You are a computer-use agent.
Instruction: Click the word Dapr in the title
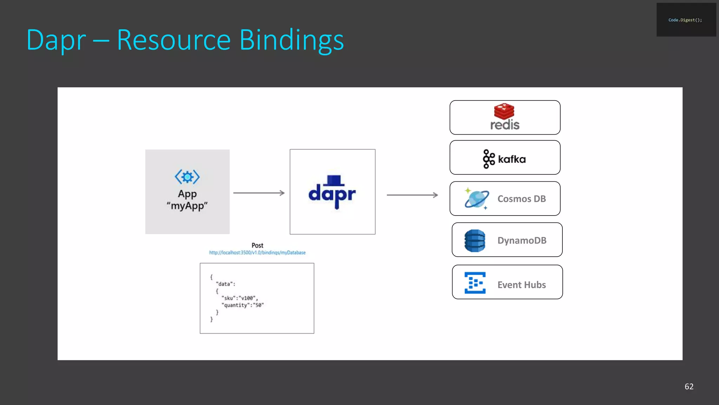(56, 40)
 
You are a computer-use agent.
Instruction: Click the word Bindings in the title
(291, 40)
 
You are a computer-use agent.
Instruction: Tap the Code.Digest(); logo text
(685, 20)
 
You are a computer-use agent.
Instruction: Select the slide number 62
(689, 386)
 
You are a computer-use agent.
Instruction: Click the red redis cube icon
(504, 111)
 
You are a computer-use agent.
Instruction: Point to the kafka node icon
(488, 159)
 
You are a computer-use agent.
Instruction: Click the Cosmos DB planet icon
(476, 199)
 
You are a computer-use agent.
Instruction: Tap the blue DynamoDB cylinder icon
(475, 241)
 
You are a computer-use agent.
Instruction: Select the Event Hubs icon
(475, 283)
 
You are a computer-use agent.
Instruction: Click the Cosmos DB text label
(521, 199)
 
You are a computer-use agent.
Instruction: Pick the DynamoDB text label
(522, 240)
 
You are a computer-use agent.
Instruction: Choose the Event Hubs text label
(521, 285)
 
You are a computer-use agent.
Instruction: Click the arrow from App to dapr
(259, 193)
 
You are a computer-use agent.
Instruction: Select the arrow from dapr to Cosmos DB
(412, 195)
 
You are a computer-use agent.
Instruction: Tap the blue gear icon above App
(187, 177)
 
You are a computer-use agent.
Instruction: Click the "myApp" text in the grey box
(187, 206)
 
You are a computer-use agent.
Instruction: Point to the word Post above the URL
(257, 245)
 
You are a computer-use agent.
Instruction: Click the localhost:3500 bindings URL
(257, 252)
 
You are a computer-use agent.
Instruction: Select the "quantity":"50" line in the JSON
(242, 305)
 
